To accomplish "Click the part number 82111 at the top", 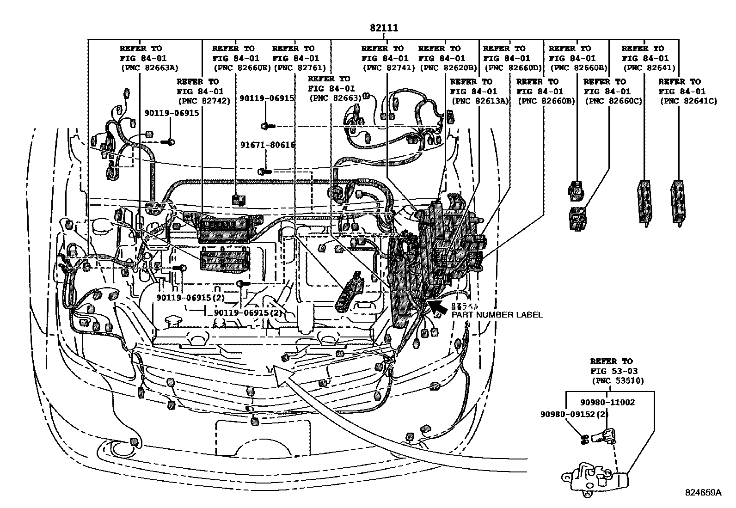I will tap(383, 28).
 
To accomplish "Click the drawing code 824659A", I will tap(703, 493).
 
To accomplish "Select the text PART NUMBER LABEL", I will tap(497, 315).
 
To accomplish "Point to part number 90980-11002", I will tap(607, 403).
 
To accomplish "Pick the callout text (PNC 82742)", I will tap(204, 101).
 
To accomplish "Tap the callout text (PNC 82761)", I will tap(296, 68).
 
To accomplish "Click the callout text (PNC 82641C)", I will tap(688, 101).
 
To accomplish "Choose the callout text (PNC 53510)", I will tap(618, 381).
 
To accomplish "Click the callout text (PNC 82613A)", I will tap(480, 101).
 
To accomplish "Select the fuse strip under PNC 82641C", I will tap(677, 202).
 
